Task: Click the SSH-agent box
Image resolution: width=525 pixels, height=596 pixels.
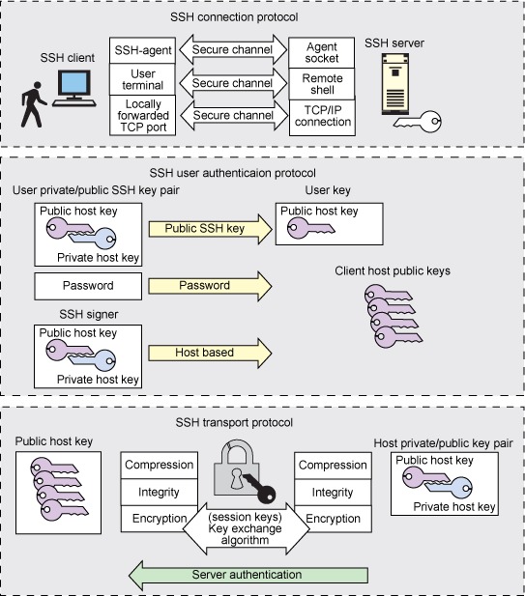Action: click(143, 50)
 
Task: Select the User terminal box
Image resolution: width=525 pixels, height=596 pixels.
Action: click(143, 79)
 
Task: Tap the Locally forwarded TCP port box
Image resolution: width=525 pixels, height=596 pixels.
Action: click(143, 115)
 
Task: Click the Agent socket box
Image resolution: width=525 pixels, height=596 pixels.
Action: click(322, 52)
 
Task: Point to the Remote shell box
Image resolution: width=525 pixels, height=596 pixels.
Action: click(322, 84)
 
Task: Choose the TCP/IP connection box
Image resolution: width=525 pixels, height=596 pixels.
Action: click(322, 118)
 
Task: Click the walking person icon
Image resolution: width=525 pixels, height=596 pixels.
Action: click(33, 104)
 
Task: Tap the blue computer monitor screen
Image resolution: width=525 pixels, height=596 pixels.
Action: click(74, 83)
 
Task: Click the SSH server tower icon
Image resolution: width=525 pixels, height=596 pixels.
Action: click(395, 84)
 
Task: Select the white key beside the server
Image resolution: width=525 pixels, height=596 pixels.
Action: click(419, 122)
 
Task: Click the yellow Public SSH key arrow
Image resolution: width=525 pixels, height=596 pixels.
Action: click(211, 229)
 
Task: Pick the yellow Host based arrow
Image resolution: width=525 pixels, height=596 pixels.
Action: click(211, 353)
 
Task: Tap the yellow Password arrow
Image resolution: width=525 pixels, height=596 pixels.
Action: click(211, 286)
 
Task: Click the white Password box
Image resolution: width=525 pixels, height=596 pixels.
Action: click(88, 286)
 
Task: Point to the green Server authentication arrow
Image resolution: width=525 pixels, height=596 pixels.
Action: click(248, 575)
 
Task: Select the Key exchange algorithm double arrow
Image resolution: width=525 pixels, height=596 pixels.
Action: click(246, 528)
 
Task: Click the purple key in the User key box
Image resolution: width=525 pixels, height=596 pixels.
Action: click(310, 228)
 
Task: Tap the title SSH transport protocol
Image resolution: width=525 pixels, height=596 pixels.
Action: click(234, 423)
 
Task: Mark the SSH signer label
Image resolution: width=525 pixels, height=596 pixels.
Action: click(89, 314)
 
